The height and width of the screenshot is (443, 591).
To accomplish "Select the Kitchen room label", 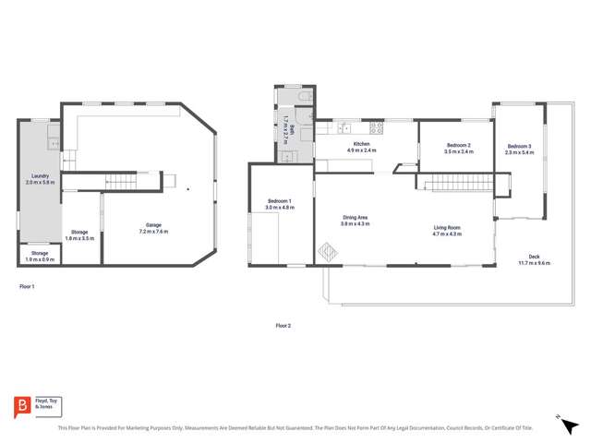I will pyautogui.click(x=359, y=147).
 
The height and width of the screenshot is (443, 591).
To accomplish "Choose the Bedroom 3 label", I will pyautogui.click(x=519, y=149).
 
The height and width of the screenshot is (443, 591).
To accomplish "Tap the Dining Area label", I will pyautogui.click(x=355, y=221).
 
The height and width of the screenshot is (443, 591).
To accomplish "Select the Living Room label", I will pyautogui.click(x=447, y=231).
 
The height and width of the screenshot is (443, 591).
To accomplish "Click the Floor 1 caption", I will pyautogui.click(x=27, y=287).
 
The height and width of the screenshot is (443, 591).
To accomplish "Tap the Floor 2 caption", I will pyautogui.click(x=283, y=326).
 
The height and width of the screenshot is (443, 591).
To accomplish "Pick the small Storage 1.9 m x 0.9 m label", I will pyautogui.click(x=40, y=256).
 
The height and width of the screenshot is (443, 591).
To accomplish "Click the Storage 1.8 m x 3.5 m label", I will pyautogui.click(x=79, y=234).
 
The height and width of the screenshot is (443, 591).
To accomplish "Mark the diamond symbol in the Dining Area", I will pyautogui.click(x=329, y=251).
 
